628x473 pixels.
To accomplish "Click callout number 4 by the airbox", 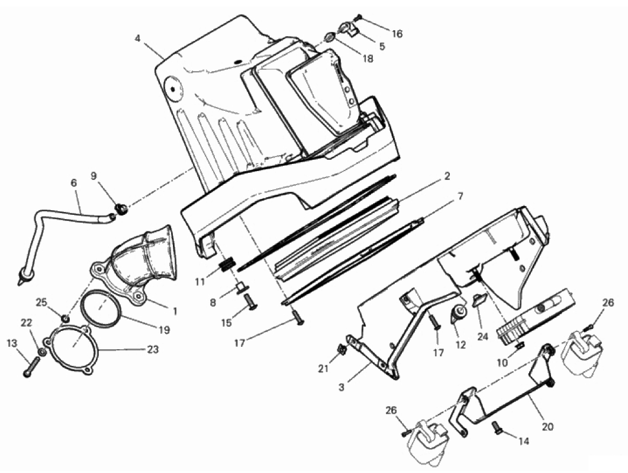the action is pyautogui.click(x=137, y=38).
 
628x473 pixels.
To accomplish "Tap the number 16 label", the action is pyautogui.click(x=397, y=34).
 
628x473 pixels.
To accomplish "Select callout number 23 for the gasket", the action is pyautogui.click(x=153, y=349).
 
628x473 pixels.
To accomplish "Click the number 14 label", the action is pyautogui.click(x=523, y=441).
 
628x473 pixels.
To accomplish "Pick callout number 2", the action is pyautogui.click(x=446, y=176).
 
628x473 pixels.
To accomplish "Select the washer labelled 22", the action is pyautogui.click(x=41, y=352).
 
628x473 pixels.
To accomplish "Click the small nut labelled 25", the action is pyautogui.click(x=65, y=318).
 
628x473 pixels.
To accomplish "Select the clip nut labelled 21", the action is pyautogui.click(x=343, y=350).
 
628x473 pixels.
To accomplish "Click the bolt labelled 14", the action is pyautogui.click(x=497, y=427).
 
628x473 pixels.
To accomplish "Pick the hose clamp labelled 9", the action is pyautogui.click(x=121, y=208).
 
